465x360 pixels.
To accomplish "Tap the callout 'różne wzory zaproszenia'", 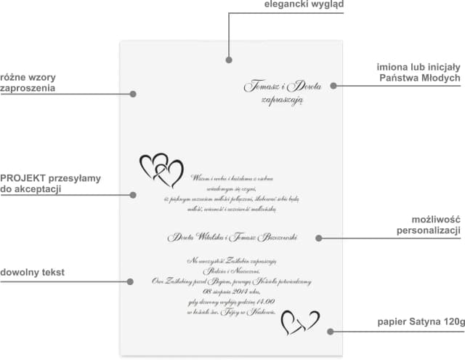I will (x=28, y=82).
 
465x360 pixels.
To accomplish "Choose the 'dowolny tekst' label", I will (x=33, y=273).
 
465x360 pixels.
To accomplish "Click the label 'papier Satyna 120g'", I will (x=420, y=321).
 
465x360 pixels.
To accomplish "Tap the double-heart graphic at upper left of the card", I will (x=161, y=170).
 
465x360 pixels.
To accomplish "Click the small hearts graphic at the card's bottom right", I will (x=299, y=321).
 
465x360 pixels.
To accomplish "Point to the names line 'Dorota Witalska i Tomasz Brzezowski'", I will (x=232, y=237).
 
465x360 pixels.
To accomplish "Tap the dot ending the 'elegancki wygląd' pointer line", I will (x=229, y=60).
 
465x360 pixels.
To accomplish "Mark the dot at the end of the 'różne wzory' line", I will (x=133, y=93).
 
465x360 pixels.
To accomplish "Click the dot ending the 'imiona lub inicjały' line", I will (x=333, y=85).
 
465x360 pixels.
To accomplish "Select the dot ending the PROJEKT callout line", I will (x=134, y=194).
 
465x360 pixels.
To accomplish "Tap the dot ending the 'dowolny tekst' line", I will (x=130, y=281).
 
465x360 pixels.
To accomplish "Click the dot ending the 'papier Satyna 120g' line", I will (x=331, y=331).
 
